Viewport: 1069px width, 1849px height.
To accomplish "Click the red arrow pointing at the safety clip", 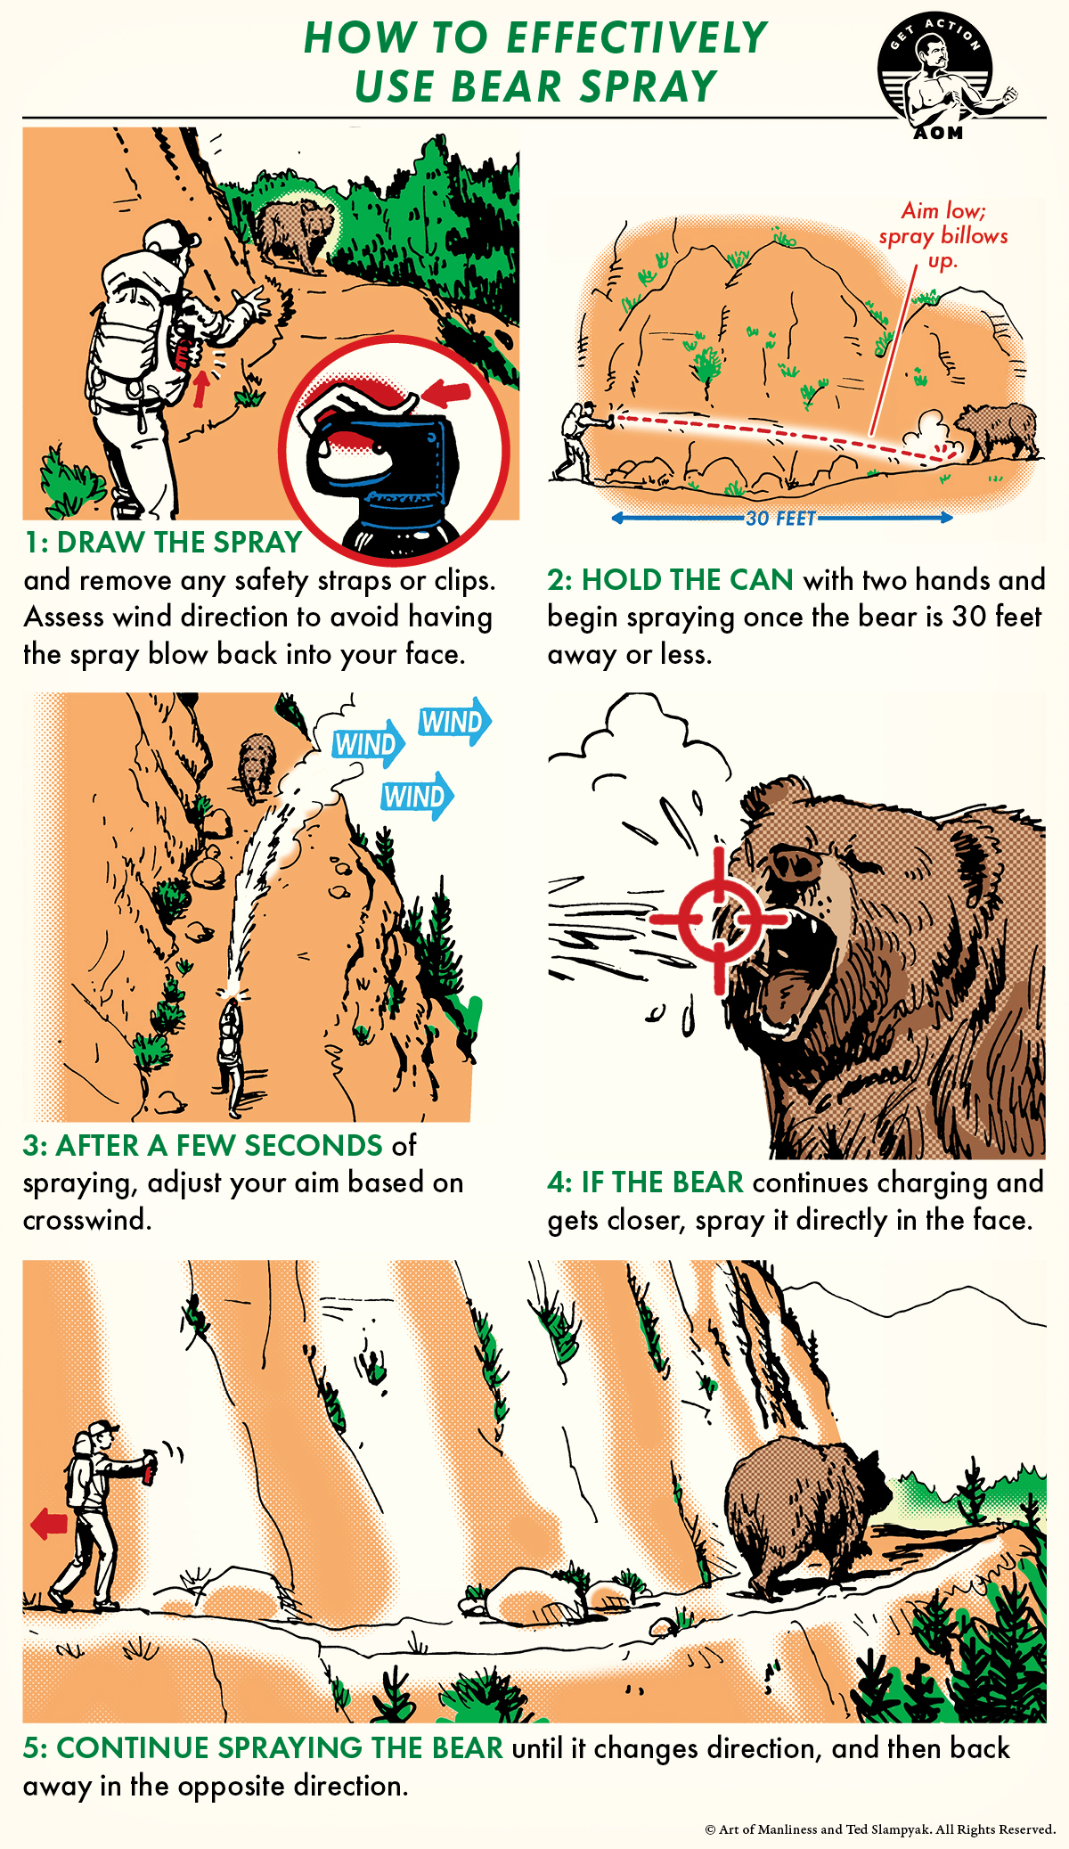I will [x=446, y=392].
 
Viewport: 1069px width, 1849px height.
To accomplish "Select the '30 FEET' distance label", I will [x=780, y=519].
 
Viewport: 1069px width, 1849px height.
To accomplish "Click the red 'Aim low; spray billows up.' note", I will [x=943, y=235].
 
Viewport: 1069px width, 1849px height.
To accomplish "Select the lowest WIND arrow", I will [x=416, y=796].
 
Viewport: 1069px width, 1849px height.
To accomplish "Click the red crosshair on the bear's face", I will [x=719, y=919].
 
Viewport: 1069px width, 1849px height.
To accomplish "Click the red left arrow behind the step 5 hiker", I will [x=50, y=1524].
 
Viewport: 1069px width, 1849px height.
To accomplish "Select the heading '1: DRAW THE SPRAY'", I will [x=163, y=543].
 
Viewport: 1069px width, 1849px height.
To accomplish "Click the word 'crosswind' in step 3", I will [x=86, y=1220].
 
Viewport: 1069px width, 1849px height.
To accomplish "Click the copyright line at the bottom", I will [x=879, y=1829].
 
